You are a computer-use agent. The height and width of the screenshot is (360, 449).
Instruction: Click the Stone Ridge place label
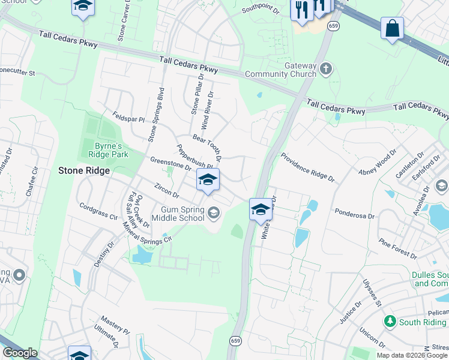(x=83, y=170)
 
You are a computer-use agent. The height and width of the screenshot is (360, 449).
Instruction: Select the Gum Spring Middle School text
(x=183, y=214)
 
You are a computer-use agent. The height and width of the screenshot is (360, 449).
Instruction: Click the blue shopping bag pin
(x=392, y=28)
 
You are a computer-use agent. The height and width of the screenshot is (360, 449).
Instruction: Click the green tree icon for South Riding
(x=390, y=322)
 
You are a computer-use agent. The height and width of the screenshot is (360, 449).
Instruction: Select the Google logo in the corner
(x=20, y=353)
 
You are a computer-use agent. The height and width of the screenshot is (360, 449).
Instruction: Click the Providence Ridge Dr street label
(x=307, y=167)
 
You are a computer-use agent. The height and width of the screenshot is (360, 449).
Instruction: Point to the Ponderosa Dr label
(x=354, y=214)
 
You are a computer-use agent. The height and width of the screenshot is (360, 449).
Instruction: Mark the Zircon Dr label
(x=166, y=191)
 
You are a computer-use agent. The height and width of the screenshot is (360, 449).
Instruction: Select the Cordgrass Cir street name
(x=98, y=210)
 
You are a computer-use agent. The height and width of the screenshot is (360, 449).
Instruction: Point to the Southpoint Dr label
(x=261, y=10)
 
